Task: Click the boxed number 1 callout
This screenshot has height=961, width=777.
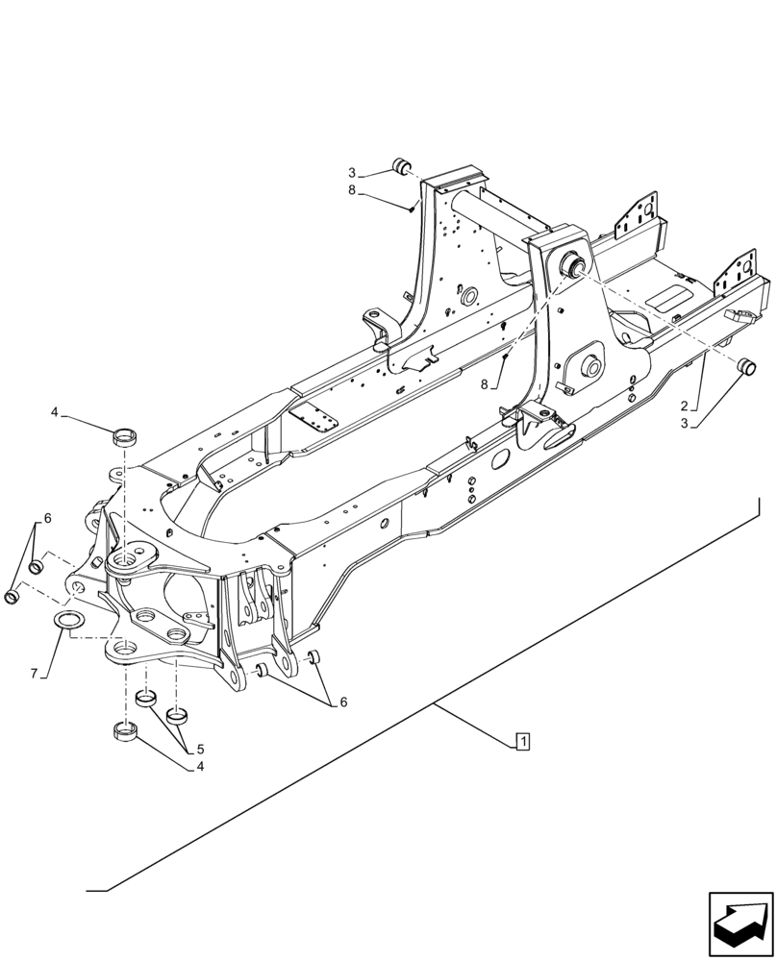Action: tap(521, 741)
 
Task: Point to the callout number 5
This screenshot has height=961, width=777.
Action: tap(200, 748)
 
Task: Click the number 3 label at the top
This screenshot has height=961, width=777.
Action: tap(352, 173)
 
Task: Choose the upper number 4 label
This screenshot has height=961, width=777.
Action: tap(55, 412)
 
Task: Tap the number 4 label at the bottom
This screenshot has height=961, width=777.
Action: tap(200, 767)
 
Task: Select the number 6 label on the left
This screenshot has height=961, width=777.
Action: tap(47, 519)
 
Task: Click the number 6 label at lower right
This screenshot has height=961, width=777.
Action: tap(342, 702)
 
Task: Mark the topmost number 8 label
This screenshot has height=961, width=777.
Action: tap(352, 190)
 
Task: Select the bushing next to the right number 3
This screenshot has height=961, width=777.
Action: tap(745, 367)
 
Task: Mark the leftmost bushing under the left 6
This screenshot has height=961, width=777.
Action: tap(13, 598)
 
